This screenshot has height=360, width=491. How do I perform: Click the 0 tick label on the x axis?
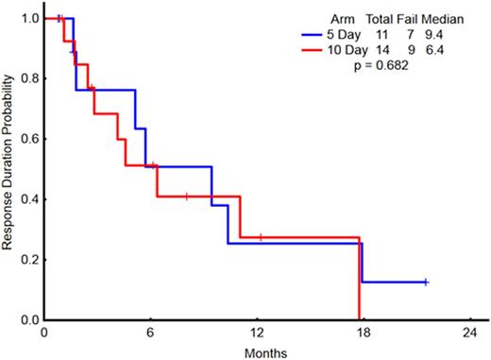point(44,334)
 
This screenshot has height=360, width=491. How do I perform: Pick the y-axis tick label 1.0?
point(28,19)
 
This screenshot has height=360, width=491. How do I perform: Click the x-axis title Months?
point(258,351)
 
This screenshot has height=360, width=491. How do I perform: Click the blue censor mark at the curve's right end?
point(426,282)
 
